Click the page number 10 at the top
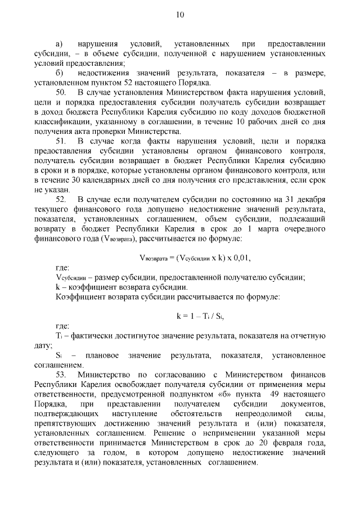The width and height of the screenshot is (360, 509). [179, 15]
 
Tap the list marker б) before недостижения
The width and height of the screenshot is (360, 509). [59, 74]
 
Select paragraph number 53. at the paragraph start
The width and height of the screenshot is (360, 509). [61, 374]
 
